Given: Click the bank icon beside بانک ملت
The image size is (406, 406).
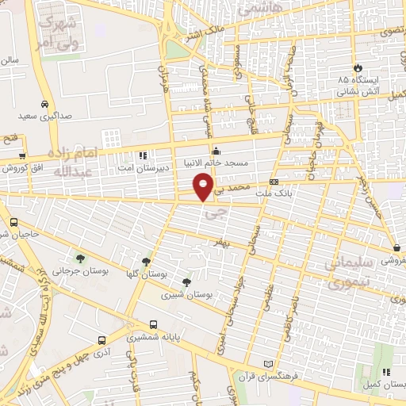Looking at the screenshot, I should (274, 181).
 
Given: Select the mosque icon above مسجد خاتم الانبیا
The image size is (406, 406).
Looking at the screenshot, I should (216, 151).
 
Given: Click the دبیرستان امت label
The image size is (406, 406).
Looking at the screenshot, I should (143, 167).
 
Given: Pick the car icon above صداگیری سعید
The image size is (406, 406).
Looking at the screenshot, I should (45, 104).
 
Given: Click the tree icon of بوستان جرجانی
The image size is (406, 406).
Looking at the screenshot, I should (79, 259).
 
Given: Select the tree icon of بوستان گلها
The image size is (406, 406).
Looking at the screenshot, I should (145, 261).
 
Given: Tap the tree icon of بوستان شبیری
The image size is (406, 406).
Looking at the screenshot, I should (187, 282).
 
